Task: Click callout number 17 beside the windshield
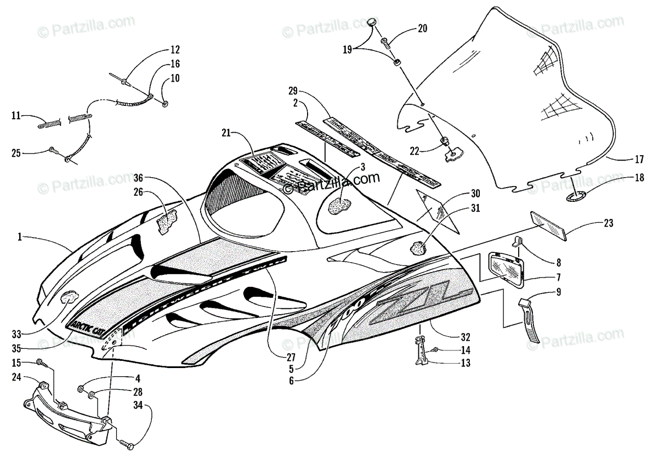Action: point(639,161)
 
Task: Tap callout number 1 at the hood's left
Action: point(20,237)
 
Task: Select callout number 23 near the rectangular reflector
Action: point(609,223)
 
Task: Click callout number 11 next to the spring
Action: point(16,116)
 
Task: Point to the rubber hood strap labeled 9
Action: point(530,321)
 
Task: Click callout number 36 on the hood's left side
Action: point(139,177)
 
